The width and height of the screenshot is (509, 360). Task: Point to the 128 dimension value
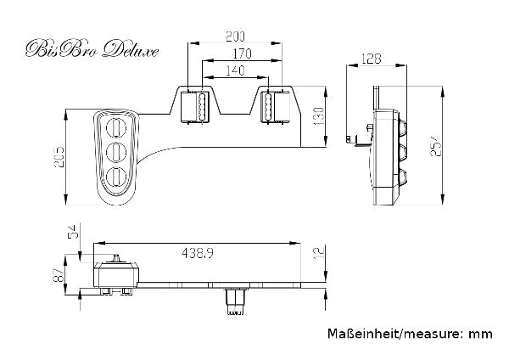[371, 59]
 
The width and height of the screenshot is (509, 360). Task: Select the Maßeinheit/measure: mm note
[409, 335]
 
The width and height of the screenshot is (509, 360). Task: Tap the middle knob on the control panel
[115, 154]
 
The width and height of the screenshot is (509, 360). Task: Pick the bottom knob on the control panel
[115, 178]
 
